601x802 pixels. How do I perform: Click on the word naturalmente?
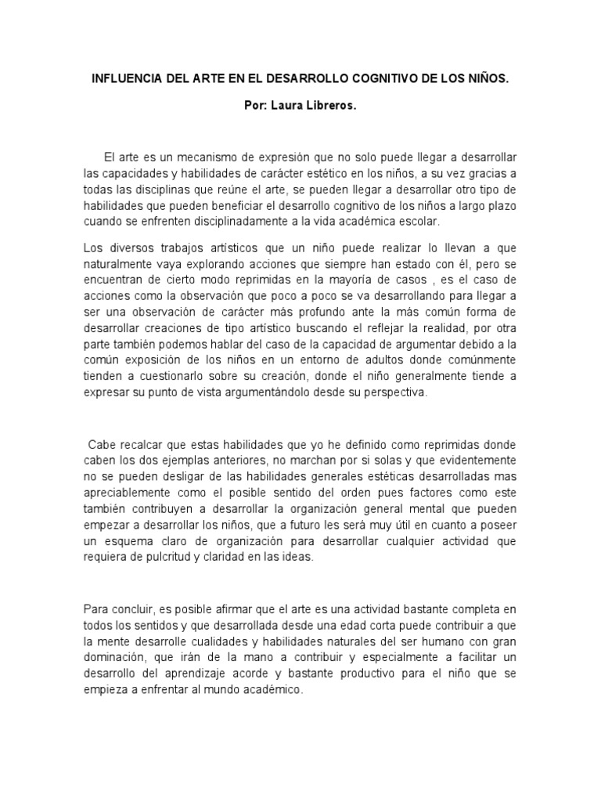[x=119, y=264]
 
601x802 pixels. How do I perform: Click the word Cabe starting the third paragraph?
[x=103, y=443]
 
